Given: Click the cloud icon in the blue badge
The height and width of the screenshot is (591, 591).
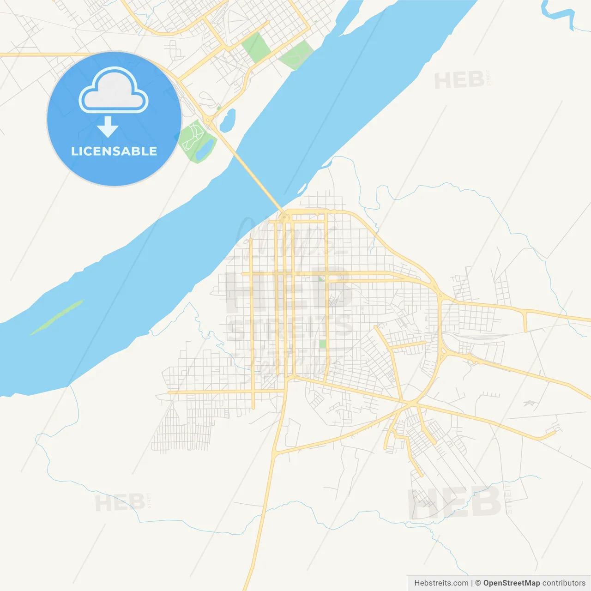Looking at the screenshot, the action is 114,91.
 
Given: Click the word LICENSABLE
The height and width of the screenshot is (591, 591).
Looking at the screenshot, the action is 114,151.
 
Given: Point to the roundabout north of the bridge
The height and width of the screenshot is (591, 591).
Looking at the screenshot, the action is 209,121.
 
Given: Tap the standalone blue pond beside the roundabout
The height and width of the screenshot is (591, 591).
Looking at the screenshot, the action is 228,121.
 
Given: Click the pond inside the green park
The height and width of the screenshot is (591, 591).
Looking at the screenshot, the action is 205,148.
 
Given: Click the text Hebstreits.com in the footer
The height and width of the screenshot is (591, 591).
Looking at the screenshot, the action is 441,583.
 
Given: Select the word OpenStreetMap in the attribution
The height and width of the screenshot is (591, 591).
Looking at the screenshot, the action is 511,583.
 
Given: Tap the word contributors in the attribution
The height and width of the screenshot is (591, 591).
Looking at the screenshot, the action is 564,583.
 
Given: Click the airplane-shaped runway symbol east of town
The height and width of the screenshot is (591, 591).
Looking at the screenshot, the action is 529,403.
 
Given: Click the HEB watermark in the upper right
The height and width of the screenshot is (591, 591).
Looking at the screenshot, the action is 459,80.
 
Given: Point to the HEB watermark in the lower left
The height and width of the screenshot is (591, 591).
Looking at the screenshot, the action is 120,502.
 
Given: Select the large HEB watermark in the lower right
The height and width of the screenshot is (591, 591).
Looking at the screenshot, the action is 455,502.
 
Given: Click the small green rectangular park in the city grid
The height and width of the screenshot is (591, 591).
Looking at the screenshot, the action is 322,344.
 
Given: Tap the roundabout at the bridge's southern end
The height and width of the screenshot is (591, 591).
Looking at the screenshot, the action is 284,217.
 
